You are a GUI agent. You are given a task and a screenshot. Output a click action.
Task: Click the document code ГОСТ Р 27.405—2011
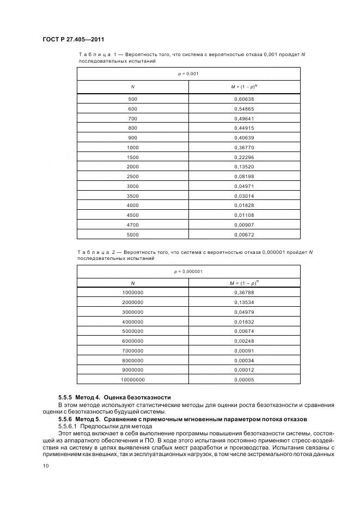pos(73,39)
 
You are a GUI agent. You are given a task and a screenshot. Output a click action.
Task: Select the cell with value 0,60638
pos(244,99)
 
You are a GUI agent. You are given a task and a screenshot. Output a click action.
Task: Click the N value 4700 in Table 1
pos(132,225)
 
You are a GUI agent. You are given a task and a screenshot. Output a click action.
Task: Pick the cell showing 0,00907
pos(244,225)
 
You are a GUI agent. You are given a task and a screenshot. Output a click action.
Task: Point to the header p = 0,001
pos(188,73)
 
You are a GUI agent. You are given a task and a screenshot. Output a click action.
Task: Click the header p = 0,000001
pos(188,271)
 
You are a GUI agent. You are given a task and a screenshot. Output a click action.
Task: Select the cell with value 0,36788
pos(244,293)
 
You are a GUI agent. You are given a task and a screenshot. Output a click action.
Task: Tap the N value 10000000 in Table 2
pos(132,380)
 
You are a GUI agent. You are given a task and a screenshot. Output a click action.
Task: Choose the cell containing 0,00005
pos(244,380)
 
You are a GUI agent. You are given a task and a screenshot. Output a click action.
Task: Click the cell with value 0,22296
pos(244,157)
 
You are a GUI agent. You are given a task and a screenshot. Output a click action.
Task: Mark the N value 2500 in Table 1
pos(132,177)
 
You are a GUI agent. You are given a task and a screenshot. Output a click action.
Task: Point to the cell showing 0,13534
pos(244,302)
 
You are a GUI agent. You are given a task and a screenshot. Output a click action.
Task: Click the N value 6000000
pos(132,341)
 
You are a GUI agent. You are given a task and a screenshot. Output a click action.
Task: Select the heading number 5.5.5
pos(66,397)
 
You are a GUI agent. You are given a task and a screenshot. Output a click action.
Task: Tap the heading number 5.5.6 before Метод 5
pos(66,418)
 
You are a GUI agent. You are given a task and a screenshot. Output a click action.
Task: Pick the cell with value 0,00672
pos(244,235)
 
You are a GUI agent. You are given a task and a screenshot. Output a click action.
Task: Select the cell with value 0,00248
pos(244,341)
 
